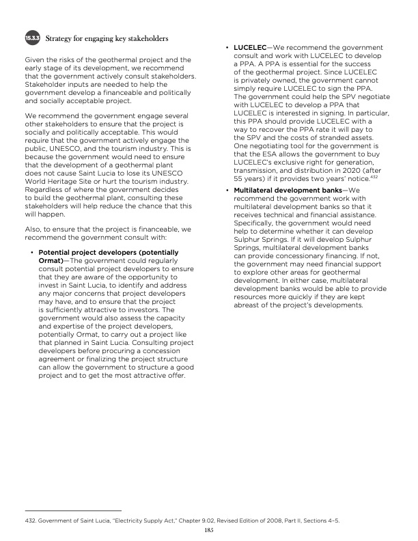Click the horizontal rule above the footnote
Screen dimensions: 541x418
pos(72,510)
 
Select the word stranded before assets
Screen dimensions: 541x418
pos(331,139)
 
